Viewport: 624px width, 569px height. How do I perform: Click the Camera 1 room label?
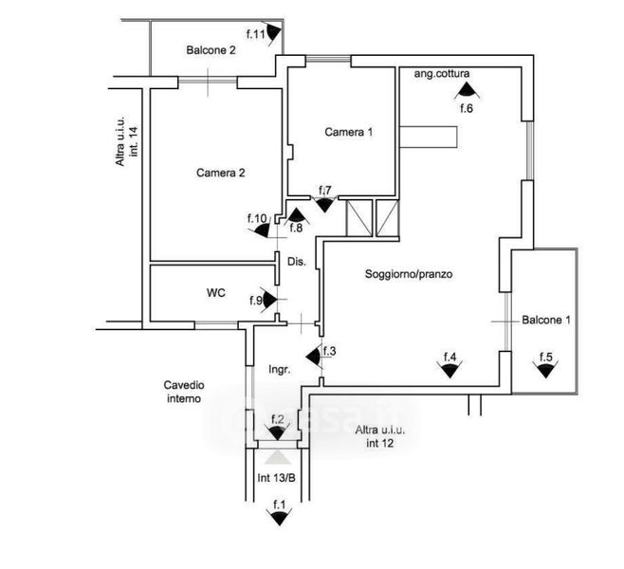pos(348,132)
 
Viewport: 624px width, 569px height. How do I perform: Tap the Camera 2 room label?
pos(221,173)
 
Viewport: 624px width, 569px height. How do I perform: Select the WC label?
pos(215,293)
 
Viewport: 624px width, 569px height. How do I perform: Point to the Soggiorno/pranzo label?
pos(410,275)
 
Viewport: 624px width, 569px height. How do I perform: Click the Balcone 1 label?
pos(546,320)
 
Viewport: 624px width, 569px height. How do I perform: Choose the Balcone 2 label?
pos(211,50)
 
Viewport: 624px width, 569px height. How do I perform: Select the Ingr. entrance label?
pos(279,368)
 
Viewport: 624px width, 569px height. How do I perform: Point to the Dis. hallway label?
pos(296,261)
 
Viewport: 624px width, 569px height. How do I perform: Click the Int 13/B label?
pos(277,476)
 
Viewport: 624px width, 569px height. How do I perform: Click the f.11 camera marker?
pos(272,34)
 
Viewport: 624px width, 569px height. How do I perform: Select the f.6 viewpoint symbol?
pos(466,91)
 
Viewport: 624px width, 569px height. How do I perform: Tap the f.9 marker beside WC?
pos(268,301)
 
